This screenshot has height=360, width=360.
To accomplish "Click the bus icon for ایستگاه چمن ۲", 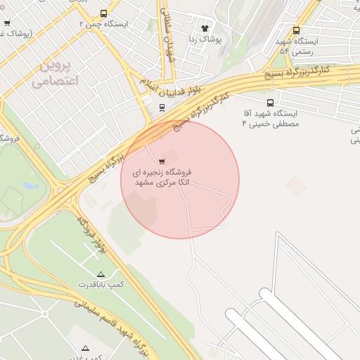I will (104, 13).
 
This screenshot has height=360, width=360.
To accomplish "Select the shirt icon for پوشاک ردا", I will (205, 29).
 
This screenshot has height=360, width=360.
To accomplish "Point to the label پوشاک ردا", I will (205, 39).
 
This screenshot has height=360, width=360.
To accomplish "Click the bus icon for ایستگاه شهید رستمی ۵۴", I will (296, 31).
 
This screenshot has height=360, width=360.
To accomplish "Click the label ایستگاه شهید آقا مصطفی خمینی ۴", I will (270, 118).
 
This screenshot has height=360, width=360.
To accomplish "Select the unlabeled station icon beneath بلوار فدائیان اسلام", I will (162, 108).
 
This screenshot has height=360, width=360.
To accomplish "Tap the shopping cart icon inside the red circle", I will (163, 160).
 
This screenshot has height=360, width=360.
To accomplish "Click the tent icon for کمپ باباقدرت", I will (101, 274).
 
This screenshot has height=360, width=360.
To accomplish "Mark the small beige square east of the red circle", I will (296, 186).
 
